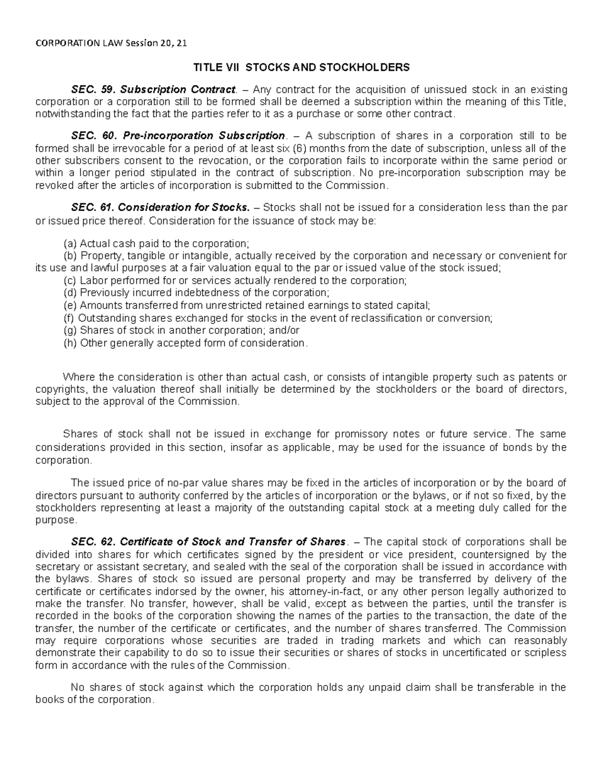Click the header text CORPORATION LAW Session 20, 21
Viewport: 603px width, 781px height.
(111, 43)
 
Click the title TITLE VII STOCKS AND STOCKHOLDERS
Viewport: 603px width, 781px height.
(301, 67)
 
